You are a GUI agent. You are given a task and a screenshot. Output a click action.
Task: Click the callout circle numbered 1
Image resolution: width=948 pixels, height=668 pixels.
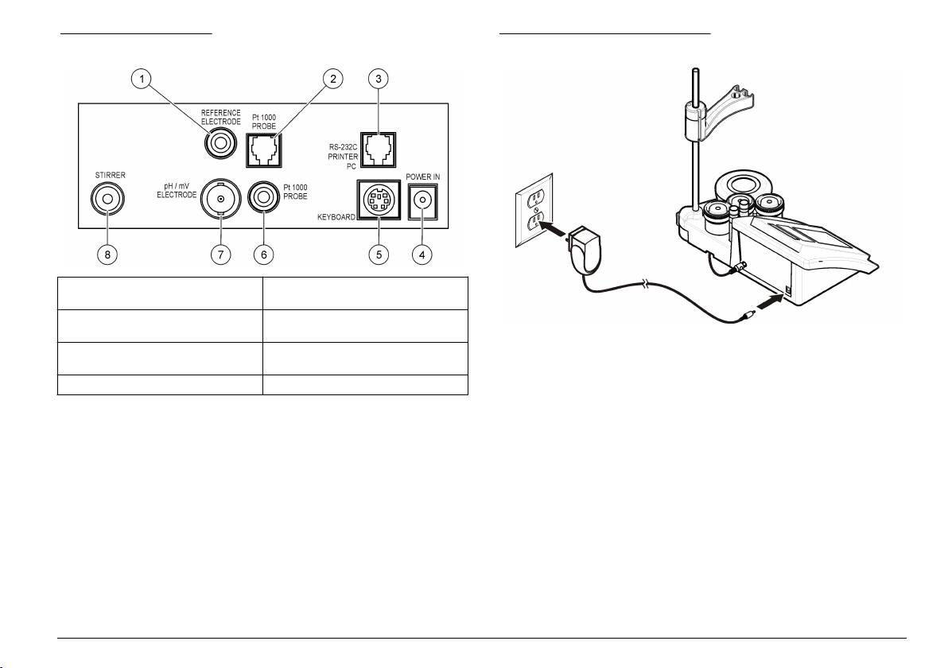point(142,79)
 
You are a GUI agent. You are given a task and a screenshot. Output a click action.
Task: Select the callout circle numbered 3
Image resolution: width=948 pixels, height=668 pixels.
point(379,79)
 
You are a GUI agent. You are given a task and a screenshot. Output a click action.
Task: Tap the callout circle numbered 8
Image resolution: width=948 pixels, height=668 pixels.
point(107,254)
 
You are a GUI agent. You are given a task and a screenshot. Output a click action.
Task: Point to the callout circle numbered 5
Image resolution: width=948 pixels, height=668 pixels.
point(379,254)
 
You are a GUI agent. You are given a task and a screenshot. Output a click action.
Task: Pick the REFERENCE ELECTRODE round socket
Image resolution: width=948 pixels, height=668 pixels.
point(220,144)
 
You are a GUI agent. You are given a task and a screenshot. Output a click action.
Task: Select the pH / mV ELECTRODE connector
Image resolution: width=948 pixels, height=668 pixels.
point(220,198)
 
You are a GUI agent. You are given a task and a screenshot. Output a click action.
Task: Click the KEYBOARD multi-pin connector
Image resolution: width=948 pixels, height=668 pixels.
point(379,199)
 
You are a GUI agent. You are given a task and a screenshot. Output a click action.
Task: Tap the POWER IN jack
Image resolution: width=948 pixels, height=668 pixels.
point(422,200)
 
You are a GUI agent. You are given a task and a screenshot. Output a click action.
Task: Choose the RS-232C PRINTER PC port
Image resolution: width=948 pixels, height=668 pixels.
point(378,150)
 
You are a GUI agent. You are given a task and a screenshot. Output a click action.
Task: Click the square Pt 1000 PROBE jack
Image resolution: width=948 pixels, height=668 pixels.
point(264,150)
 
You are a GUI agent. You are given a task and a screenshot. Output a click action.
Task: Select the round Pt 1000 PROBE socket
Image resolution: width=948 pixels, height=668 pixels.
point(263,198)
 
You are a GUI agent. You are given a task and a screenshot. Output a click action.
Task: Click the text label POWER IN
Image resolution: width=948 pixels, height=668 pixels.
point(422,177)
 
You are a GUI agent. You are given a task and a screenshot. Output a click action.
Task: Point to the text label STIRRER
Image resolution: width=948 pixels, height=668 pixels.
point(110,175)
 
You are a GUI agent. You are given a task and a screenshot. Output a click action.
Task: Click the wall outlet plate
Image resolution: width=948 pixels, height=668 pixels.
point(534,211)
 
